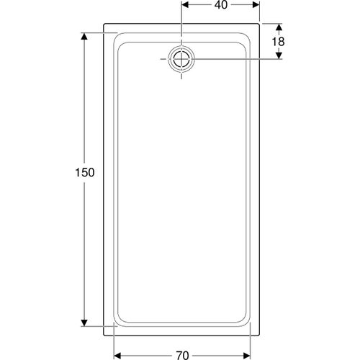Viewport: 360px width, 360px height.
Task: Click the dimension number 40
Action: [x=221, y=5]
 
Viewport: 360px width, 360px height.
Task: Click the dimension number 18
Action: [x=278, y=42]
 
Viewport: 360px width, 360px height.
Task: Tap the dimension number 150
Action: [x=85, y=173]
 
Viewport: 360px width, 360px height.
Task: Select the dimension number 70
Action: [x=182, y=355]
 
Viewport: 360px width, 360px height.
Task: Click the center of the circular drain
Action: [x=181, y=59]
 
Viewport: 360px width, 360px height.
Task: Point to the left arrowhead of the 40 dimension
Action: [x=185, y=4]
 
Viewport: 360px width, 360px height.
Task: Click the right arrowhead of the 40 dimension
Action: [x=256, y=4]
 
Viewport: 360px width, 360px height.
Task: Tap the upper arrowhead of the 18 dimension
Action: [x=279, y=27]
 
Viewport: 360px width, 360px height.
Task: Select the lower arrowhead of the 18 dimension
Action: [x=279, y=55]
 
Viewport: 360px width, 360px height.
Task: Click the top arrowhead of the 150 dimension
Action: [x=84, y=37]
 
